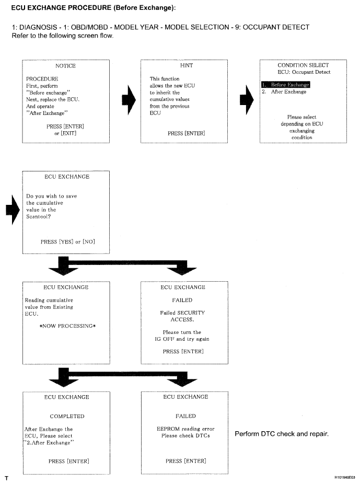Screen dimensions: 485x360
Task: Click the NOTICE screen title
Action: pyautogui.click(x=65, y=66)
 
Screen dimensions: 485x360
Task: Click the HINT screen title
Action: pyautogui.click(x=187, y=66)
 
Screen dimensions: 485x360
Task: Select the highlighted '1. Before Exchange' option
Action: pyautogui.click(x=285, y=85)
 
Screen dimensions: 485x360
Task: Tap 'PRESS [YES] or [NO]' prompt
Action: pyautogui.click(x=67, y=241)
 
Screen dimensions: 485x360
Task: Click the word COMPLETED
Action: pyautogui.click(x=67, y=417)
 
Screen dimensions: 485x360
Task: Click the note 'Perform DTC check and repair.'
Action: pyautogui.click(x=281, y=434)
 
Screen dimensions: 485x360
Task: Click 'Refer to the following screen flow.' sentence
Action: pyautogui.click(x=62, y=36)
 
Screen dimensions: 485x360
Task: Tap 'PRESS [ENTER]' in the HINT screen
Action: pyautogui.click(x=186, y=134)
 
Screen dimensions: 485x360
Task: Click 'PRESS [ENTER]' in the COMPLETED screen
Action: pyautogui.click(x=68, y=461)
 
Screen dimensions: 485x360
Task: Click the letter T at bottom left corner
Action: pyautogui.click(x=6, y=478)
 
